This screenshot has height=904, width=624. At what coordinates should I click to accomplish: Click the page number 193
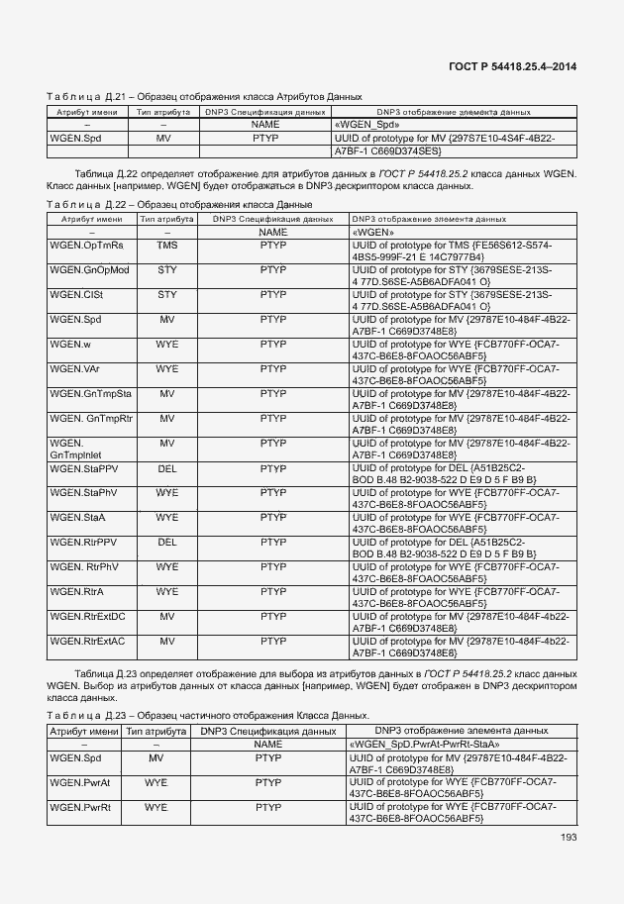point(566,838)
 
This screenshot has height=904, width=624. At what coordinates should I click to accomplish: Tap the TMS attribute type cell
point(167,244)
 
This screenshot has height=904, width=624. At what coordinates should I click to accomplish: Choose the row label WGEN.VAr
point(75,368)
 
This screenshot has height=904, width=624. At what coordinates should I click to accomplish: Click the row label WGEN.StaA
point(78,517)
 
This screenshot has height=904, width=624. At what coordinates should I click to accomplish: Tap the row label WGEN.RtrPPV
point(84,542)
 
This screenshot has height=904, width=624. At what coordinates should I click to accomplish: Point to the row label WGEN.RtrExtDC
point(88,616)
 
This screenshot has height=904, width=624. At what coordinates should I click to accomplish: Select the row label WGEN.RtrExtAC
point(88,641)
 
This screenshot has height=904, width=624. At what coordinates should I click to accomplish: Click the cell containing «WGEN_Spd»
point(367,126)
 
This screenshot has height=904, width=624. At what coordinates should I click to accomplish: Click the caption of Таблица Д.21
point(204,96)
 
